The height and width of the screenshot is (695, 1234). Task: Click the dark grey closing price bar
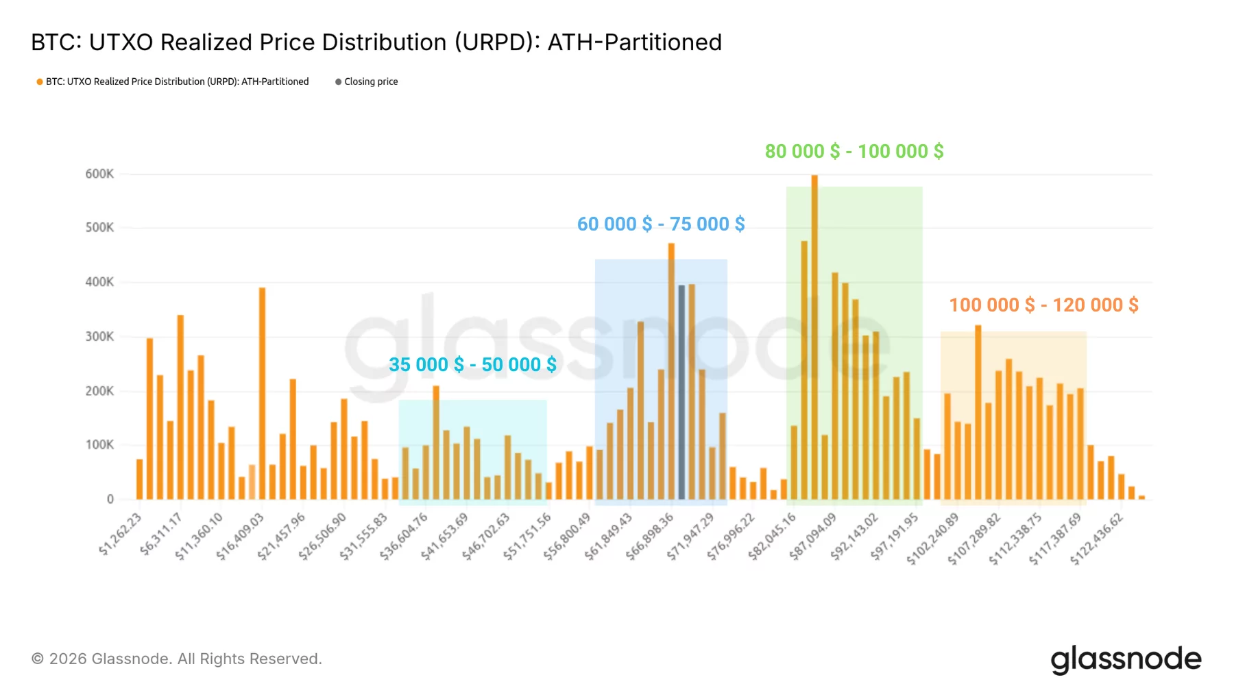point(681,391)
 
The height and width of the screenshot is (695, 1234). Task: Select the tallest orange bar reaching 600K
point(814,336)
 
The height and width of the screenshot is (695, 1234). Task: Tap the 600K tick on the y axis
point(99,174)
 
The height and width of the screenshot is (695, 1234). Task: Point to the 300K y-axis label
point(99,337)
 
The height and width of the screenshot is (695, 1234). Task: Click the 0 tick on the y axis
point(110,499)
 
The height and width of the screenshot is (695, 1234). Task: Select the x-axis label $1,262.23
point(121,534)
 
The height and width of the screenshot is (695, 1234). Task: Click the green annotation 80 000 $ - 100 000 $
point(854,152)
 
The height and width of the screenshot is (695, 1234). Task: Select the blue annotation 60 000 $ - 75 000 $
point(661,224)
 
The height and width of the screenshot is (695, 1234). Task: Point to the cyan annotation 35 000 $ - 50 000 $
point(472,365)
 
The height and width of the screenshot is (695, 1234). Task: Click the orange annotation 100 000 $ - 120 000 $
point(1043,305)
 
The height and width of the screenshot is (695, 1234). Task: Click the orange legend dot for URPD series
point(40,82)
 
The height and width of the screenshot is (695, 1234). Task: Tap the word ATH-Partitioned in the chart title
point(634,43)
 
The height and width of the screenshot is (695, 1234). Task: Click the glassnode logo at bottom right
point(1126,659)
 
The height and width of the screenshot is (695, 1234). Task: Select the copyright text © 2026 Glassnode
point(176,659)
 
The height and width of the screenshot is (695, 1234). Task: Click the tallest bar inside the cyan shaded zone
point(436,443)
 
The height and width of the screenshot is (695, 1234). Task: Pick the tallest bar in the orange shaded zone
point(978,412)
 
